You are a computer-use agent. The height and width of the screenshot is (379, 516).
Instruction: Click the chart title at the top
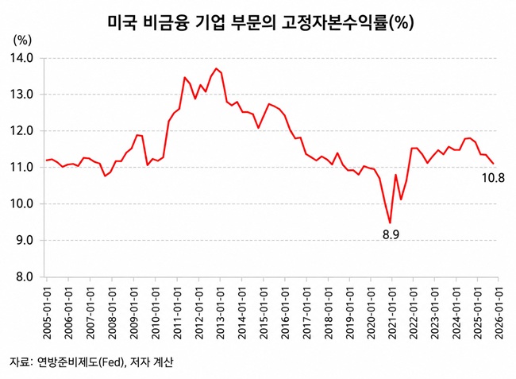260,23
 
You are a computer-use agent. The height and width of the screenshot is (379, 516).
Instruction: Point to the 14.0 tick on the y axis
21,58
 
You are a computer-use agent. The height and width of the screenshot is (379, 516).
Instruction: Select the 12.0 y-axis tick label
21,131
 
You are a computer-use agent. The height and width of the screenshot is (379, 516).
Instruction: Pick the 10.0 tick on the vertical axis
21,204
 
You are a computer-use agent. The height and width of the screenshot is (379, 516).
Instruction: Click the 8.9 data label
391,234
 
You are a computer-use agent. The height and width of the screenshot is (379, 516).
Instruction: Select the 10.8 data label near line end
493,178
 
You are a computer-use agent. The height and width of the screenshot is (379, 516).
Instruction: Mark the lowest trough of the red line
390,223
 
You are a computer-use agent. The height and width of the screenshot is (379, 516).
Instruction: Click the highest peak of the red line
216,68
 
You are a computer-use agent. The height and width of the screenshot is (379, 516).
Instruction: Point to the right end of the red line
493,164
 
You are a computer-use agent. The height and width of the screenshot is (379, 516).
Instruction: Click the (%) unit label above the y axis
22,41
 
